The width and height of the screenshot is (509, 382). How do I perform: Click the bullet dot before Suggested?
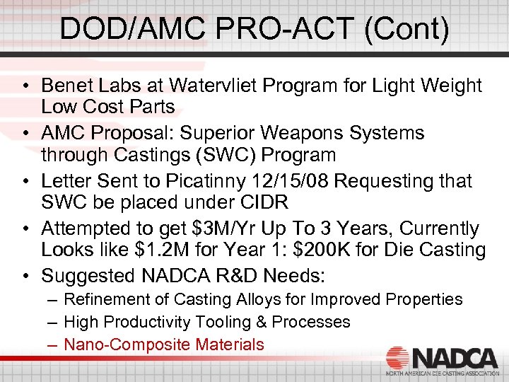(25, 275)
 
